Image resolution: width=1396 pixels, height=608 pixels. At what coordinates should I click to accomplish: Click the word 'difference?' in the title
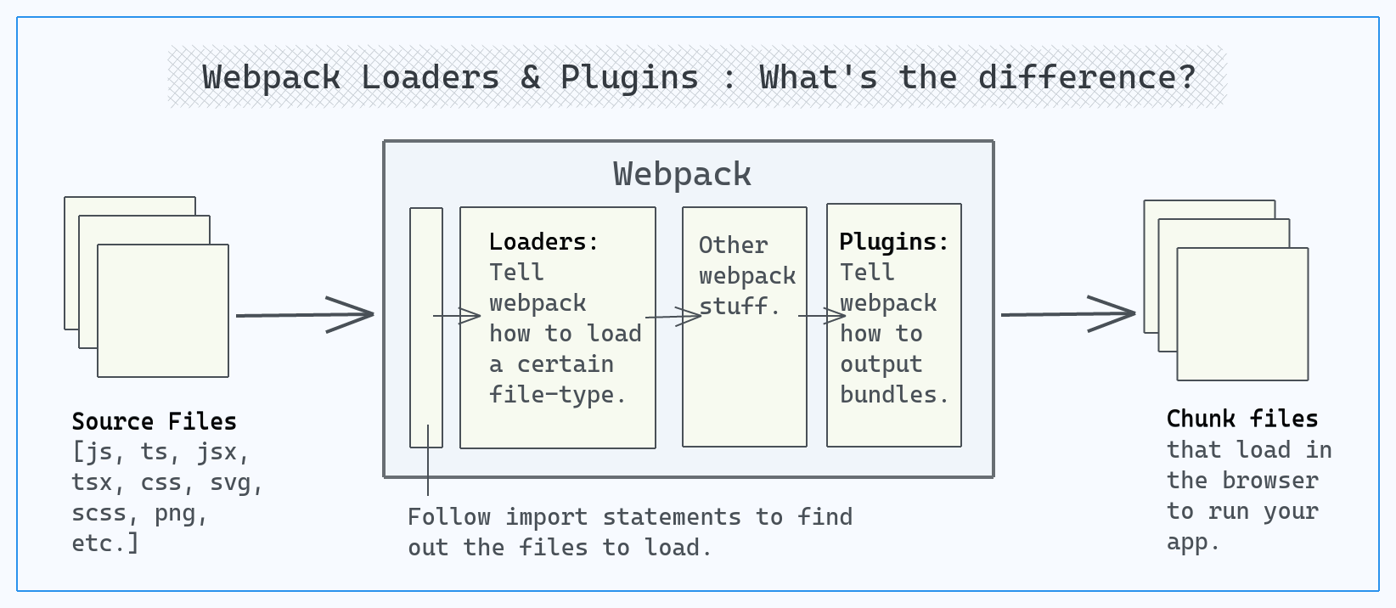(x=1087, y=77)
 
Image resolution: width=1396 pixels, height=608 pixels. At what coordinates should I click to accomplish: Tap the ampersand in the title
(x=531, y=77)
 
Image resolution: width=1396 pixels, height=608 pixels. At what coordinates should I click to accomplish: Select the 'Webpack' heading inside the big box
(x=682, y=174)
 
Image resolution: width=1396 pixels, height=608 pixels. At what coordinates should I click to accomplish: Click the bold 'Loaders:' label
(x=543, y=241)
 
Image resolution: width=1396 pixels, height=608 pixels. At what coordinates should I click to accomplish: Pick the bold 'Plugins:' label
(x=893, y=241)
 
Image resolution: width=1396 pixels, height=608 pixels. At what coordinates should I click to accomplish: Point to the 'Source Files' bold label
(x=154, y=422)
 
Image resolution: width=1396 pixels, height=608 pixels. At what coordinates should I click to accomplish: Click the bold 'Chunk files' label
(x=1242, y=419)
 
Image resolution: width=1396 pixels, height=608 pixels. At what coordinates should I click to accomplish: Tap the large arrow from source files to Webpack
(x=305, y=315)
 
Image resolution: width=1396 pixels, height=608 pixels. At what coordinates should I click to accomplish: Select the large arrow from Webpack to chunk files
(x=1068, y=314)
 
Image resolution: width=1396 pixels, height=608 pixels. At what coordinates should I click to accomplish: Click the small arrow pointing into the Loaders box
(x=457, y=316)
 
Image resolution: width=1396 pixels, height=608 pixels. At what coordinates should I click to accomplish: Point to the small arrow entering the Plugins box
(x=822, y=316)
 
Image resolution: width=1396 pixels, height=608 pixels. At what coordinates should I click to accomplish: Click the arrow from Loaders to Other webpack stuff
(x=673, y=317)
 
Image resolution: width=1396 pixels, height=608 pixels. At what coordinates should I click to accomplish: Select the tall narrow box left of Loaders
(x=426, y=328)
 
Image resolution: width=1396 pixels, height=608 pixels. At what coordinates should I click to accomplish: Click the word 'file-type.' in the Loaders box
(x=557, y=394)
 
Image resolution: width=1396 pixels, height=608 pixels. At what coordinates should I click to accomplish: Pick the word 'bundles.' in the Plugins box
(x=894, y=394)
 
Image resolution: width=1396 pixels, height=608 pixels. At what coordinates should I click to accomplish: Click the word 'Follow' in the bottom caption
(x=449, y=517)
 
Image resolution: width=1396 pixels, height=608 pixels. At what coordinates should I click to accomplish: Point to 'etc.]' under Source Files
(x=104, y=543)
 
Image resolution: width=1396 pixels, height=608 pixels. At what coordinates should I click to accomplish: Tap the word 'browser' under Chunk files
(x=1270, y=481)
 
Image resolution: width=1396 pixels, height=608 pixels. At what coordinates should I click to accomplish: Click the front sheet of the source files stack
(x=163, y=311)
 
